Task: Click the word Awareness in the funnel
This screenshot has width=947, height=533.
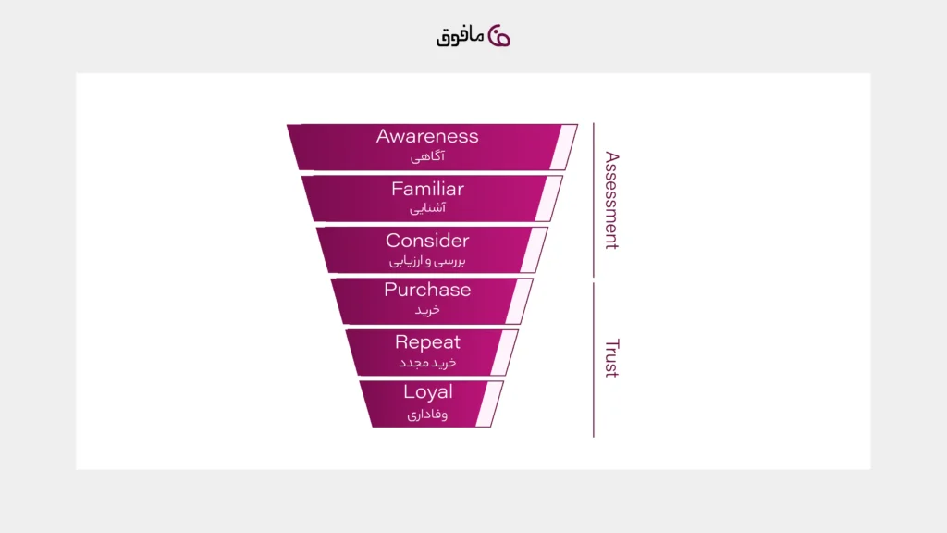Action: pyautogui.click(x=427, y=136)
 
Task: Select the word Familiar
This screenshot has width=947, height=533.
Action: pyautogui.click(x=427, y=189)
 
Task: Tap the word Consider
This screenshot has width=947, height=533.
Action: pyautogui.click(x=427, y=241)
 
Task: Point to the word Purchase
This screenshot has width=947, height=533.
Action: pyautogui.click(x=427, y=290)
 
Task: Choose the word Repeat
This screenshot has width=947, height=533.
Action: pyautogui.click(x=427, y=342)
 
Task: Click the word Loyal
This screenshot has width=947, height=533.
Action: pyautogui.click(x=427, y=392)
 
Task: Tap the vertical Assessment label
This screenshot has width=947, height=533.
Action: pyautogui.click(x=612, y=200)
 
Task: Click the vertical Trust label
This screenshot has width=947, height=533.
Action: pyautogui.click(x=612, y=358)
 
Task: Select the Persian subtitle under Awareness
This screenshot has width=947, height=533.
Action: pyautogui.click(x=427, y=156)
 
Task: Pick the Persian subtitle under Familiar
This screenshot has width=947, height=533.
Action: pyautogui.click(x=427, y=208)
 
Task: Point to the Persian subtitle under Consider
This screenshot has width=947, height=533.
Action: pyautogui.click(x=427, y=261)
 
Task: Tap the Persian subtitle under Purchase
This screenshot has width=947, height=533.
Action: pyautogui.click(x=427, y=310)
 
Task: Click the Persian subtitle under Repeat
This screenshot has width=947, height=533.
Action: pyautogui.click(x=427, y=363)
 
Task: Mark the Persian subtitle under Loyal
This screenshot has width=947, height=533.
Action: pyautogui.click(x=427, y=414)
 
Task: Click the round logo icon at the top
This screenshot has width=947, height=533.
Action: pyautogui.click(x=498, y=36)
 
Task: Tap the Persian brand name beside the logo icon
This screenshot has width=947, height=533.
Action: pyautogui.click(x=461, y=37)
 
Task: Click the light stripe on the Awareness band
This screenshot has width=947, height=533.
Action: pyautogui.click(x=563, y=147)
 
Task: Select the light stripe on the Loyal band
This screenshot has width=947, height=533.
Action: pyautogui.click(x=489, y=403)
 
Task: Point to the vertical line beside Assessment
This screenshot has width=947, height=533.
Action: pyautogui.click(x=594, y=200)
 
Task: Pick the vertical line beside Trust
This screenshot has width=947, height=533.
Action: pyautogui.click(x=594, y=360)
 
